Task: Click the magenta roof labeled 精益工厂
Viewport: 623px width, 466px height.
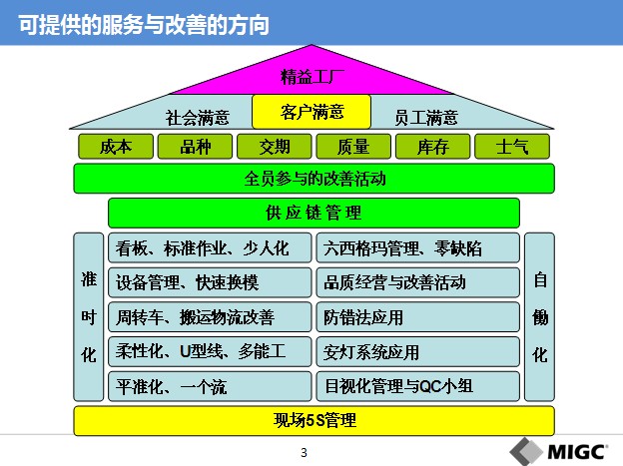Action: click(x=311, y=76)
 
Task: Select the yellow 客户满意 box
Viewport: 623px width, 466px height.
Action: click(x=311, y=112)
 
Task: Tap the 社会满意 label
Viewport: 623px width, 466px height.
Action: click(x=198, y=118)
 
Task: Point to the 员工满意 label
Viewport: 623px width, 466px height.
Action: click(x=426, y=118)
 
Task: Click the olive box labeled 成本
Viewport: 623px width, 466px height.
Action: click(x=116, y=147)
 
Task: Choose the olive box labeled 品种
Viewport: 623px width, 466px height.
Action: click(x=195, y=147)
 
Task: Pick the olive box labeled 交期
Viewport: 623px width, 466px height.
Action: click(x=275, y=147)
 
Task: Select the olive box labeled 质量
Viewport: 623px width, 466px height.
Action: click(x=353, y=147)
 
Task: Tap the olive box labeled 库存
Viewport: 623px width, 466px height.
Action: click(x=432, y=147)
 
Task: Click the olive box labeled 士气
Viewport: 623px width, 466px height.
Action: click(x=512, y=147)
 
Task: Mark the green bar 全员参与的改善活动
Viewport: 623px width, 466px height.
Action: click(x=313, y=179)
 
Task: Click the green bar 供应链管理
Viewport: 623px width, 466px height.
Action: click(x=313, y=213)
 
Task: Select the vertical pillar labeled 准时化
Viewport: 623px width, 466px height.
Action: click(x=89, y=316)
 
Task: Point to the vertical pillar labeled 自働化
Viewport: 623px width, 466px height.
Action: click(x=539, y=316)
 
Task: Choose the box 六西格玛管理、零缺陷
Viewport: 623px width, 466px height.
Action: click(x=418, y=247)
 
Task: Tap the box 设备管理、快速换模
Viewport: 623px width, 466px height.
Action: click(x=210, y=282)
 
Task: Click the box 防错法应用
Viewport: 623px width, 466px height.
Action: click(x=418, y=317)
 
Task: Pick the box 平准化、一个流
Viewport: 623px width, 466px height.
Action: click(x=210, y=386)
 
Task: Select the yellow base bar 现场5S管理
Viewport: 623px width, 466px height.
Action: click(x=313, y=421)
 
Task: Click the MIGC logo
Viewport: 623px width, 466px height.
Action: click(x=559, y=451)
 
